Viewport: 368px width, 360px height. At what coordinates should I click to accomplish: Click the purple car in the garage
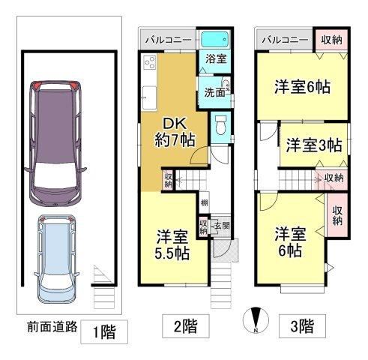[55, 143]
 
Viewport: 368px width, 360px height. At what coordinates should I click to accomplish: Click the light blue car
[56, 259]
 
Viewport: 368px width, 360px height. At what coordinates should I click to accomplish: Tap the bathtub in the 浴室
[215, 40]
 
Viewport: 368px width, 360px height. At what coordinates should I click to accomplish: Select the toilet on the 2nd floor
[220, 125]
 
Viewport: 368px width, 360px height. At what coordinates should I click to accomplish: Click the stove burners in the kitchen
[150, 62]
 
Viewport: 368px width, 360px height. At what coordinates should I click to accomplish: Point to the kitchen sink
[149, 97]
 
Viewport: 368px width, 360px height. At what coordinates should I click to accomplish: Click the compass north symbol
[256, 320]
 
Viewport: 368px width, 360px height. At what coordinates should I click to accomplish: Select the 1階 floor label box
[104, 331]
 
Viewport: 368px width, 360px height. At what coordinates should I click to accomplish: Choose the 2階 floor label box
[186, 326]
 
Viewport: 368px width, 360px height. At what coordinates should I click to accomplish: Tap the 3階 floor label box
[302, 326]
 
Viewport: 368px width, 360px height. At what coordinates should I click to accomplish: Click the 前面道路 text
[52, 326]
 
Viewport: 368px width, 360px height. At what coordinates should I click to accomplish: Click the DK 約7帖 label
[175, 132]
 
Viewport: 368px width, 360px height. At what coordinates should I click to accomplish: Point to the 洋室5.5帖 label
[172, 245]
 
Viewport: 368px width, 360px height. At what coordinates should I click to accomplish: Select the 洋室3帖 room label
[314, 145]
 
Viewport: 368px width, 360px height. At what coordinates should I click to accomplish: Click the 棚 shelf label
[205, 202]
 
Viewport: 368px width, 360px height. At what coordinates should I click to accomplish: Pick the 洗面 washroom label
[214, 93]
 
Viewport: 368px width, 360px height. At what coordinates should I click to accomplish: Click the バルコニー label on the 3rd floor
[285, 40]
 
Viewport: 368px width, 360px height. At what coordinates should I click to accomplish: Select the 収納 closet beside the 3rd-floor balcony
[331, 40]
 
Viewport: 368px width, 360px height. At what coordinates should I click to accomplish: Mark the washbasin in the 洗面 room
[226, 84]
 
